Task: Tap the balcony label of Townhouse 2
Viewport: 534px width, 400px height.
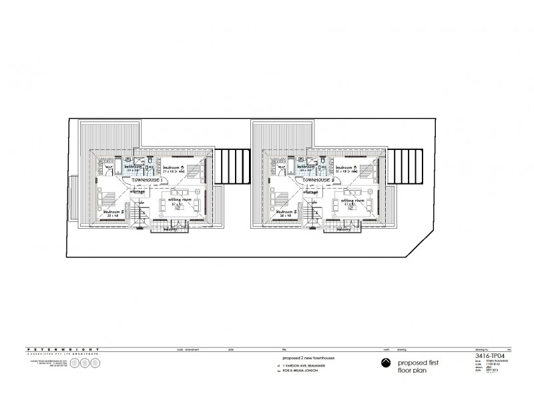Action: pos(344,230)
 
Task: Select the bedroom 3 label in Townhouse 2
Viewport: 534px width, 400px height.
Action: pos(348,167)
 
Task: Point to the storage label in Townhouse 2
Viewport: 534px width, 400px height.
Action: pos(314,192)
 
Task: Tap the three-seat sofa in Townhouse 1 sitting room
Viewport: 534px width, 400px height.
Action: pos(177,217)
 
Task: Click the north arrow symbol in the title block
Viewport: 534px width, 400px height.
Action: pos(384,363)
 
